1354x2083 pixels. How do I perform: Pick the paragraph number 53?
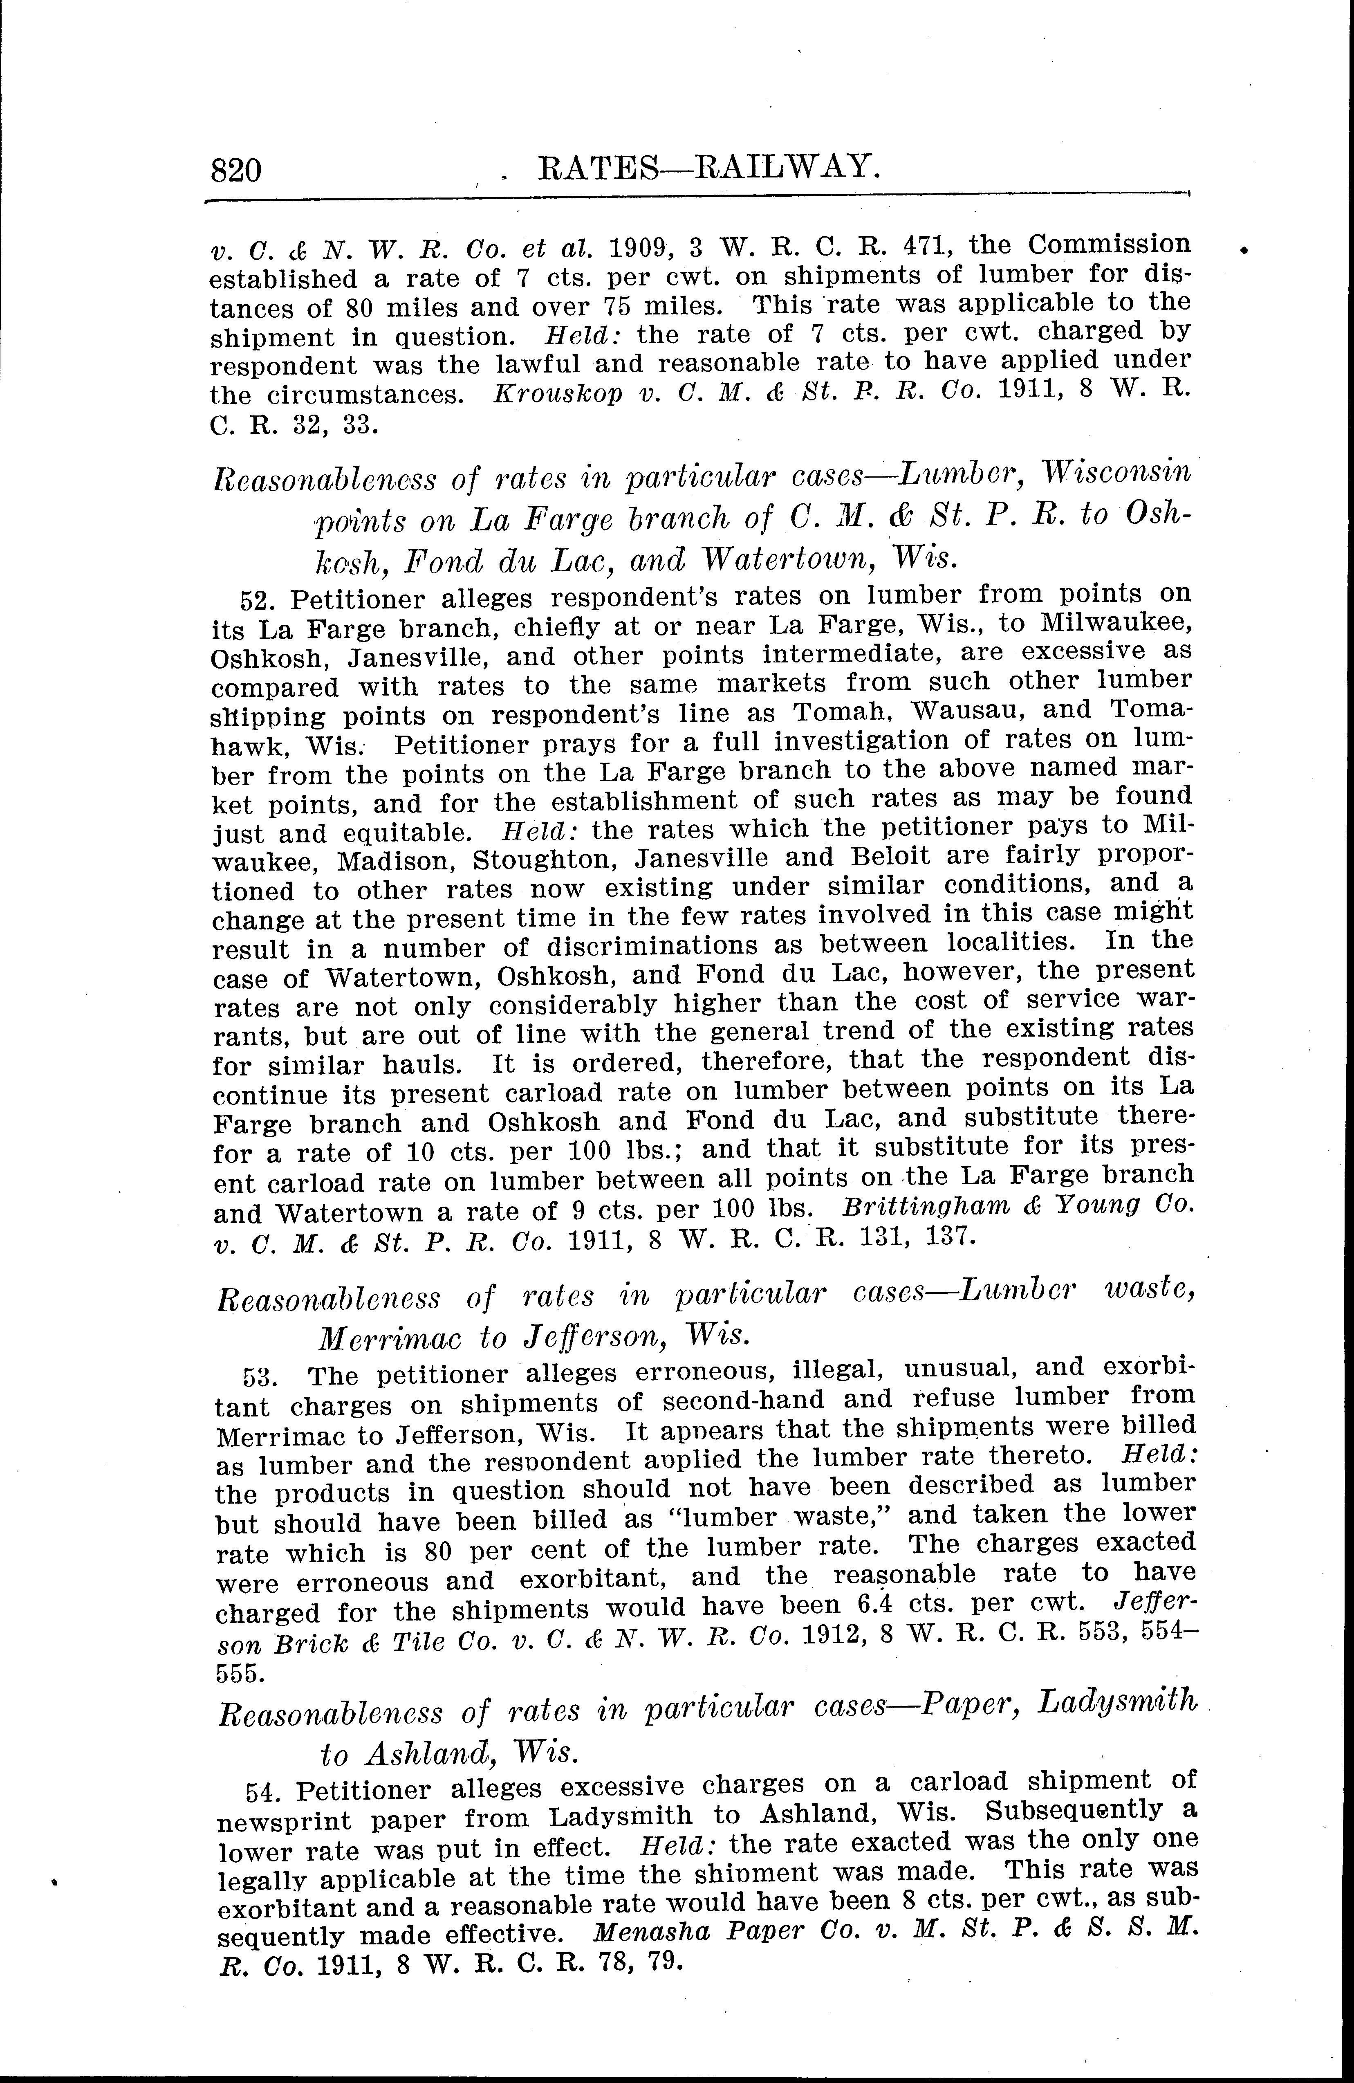coord(261,1377)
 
